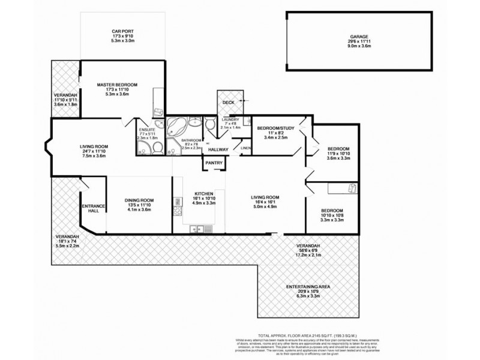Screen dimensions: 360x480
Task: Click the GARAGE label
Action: [x=359, y=37]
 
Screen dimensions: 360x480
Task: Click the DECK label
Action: [x=228, y=103]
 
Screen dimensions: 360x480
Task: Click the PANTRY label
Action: [x=214, y=163]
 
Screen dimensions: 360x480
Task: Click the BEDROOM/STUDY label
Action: [x=274, y=128]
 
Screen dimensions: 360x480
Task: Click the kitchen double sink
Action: [x=198, y=229]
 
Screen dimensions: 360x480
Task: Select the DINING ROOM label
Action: [x=139, y=200]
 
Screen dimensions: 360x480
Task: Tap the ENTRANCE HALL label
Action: [x=93, y=209]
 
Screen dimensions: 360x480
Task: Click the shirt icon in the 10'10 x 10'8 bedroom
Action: [x=353, y=189]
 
